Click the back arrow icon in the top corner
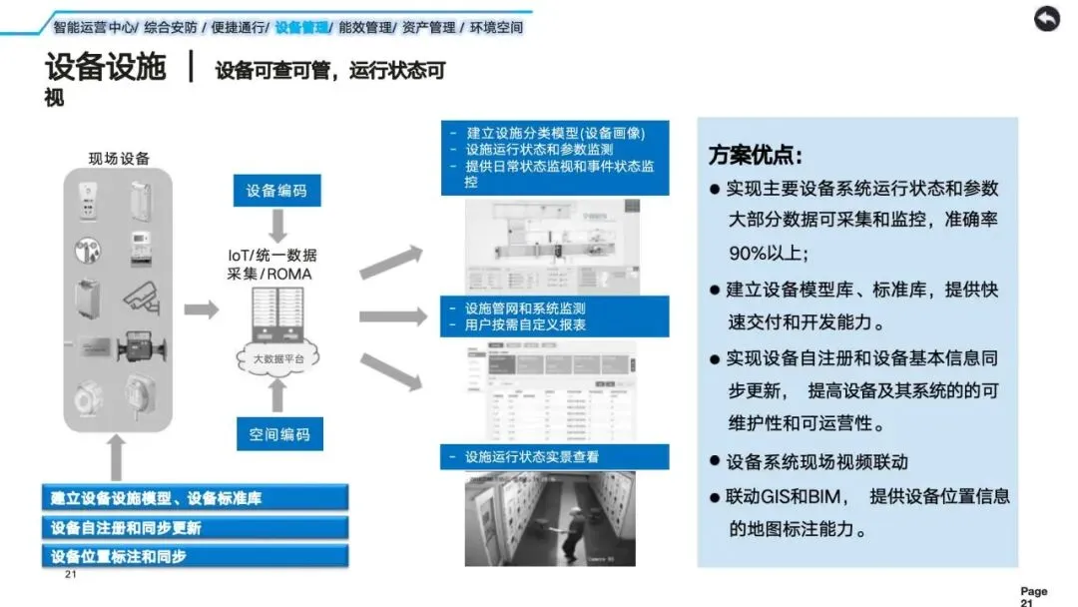pyautogui.click(x=1046, y=19)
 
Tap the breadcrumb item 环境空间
pyautogui.click(x=496, y=28)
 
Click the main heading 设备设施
pyautogui.click(x=105, y=68)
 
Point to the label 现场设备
pyautogui.click(x=119, y=158)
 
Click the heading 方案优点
pyautogui.click(x=756, y=156)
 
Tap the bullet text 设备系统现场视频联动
pyautogui.click(x=816, y=461)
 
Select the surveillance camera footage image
pyautogui.click(x=550, y=518)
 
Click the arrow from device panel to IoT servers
pyautogui.click(x=202, y=309)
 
